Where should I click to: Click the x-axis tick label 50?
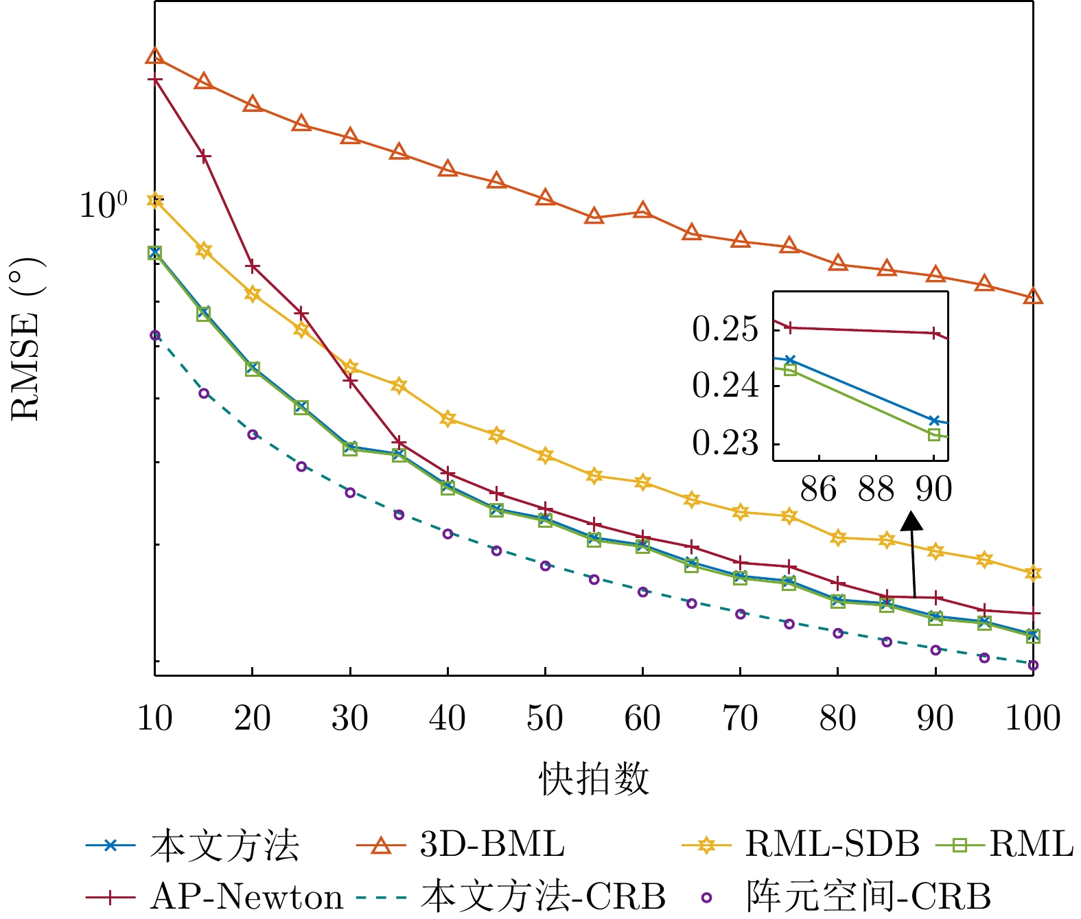pos(545,719)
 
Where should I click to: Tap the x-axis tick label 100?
pos(1033,719)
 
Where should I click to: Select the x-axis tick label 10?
pos(155,719)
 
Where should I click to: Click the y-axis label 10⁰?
pos(104,205)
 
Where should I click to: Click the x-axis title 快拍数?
pos(594,778)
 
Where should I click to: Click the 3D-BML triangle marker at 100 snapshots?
pos(1033,296)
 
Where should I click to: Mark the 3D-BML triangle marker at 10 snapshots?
pos(155,56)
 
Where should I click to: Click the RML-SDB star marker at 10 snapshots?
pos(155,200)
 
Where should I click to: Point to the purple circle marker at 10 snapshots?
pos(155,335)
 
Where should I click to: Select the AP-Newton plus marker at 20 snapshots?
pos(253,266)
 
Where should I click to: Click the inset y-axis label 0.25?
pos(725,330)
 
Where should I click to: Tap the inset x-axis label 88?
pos(876,489)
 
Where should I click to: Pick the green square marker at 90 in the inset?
pos(934,434)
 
